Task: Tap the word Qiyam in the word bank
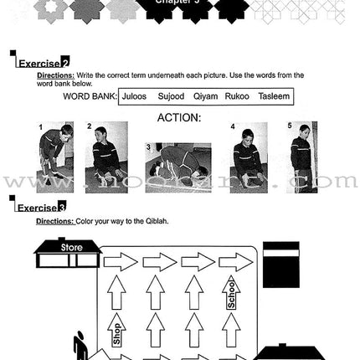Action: [x=206, y=96]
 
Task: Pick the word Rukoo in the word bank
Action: [x=238, y=96]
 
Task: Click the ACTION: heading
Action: [x=179, y=117]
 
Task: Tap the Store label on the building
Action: [x=71, y=248]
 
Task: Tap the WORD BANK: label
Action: [x=89, y=96]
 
